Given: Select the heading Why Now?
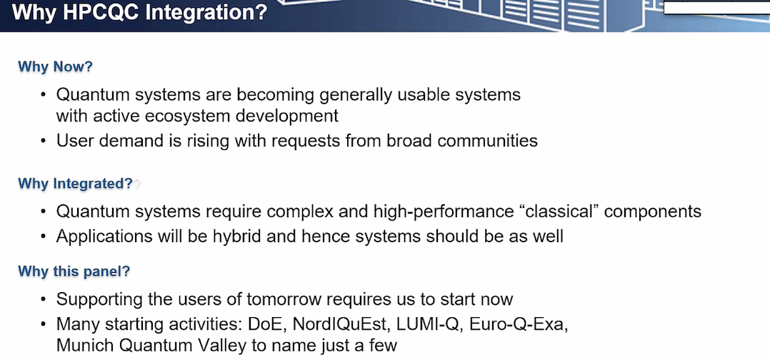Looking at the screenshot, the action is click(x=56, y=67).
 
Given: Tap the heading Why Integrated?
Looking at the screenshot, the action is click(x=76, y=184).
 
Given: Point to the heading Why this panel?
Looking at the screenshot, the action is click(x=74, y=271).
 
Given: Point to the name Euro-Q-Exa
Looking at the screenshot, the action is click(x=519, y=324).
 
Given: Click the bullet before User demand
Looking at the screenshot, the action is click(x=44, y=141).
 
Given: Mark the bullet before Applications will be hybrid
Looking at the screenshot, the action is click(x=44, y=236).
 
